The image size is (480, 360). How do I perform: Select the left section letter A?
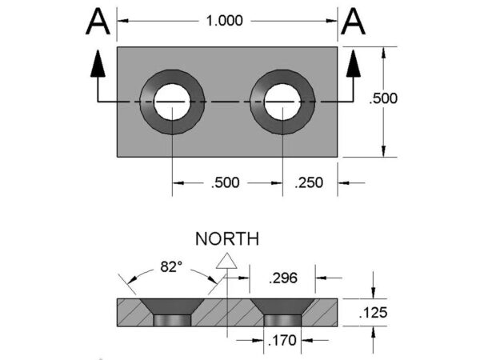pyautogui.click(x=97, y=24)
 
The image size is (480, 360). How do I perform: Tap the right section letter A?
pyautogui.click(x=353, y=24)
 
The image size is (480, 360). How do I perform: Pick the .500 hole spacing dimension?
pyautogui.click(x=226, y=183)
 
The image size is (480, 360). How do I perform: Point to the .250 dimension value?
pyautogui.click(x=309, y=183)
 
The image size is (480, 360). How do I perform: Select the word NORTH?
pyautogui.click(x=228, y=238)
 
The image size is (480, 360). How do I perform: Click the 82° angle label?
pyautogui.click(x=170, y=266)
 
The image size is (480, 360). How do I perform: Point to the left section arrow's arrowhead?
pyautogui.click(x=98, y=64)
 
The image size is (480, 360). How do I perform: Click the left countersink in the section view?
pyautogui.click(x=172, y=308)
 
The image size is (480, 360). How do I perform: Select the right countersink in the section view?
pyautogui.click(x=283, y=308)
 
